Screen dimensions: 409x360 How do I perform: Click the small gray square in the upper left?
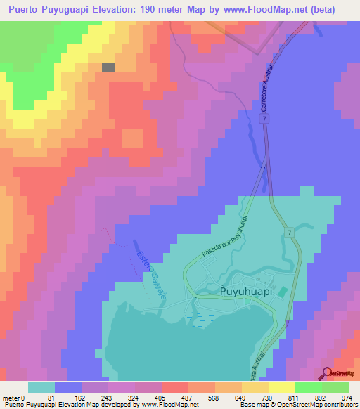[108, 67]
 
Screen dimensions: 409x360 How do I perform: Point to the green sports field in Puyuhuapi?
[283, 292]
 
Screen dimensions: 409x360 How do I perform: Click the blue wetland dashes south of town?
[201, 320]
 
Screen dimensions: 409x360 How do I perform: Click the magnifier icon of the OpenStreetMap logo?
[327, 372]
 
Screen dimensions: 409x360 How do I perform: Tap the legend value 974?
[345, 398]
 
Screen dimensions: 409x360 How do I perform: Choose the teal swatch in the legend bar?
[41, 387]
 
